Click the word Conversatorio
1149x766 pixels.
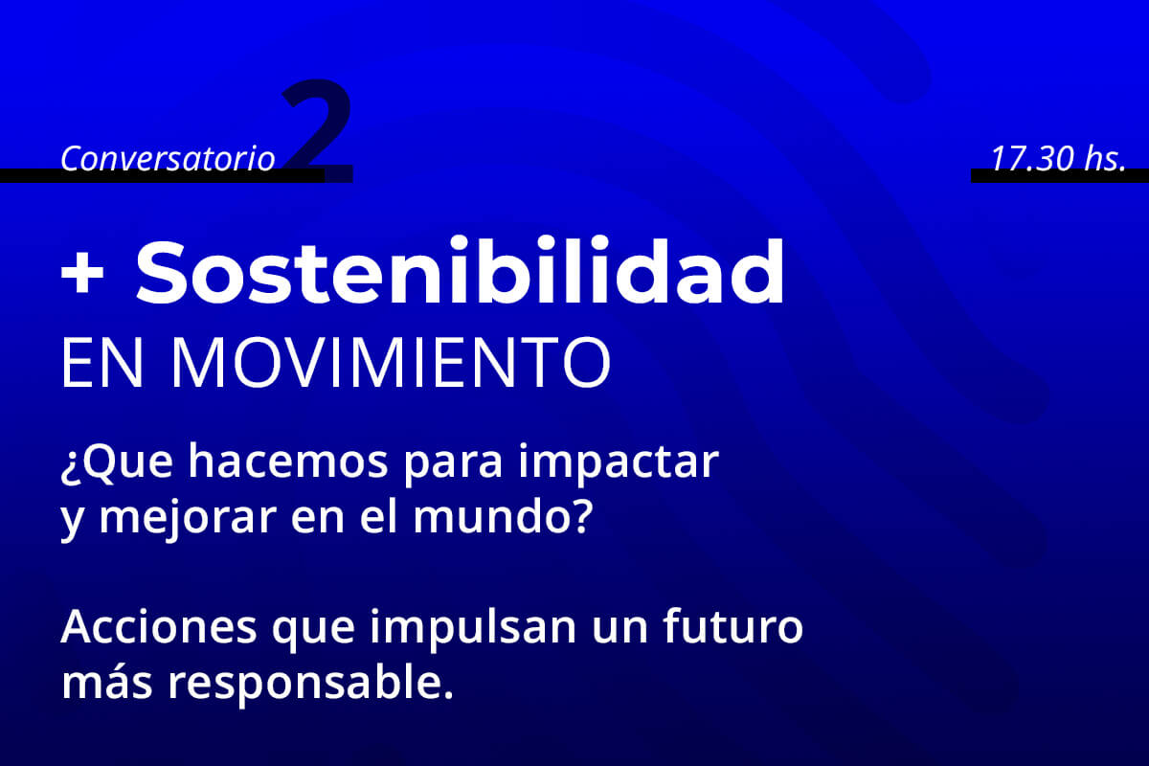pyautogui.click(x=168, y=158)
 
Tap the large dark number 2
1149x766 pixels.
pyautogui.click(x=318, y=130)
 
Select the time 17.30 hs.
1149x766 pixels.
pyautogui.click(x=1059, y=158)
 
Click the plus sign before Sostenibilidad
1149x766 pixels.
pyautogui.click(x=82, y=274)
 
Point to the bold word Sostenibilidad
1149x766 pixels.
pyautogui.click(x=460, y=271)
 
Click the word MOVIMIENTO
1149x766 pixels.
pyautogui.click(x=391, y=363)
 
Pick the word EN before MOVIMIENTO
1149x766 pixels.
pyautogui.click(x=101, y=363)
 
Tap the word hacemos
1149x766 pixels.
pyautogui.click(x=288, y=462)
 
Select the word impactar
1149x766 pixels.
pyautogui.click(x=619, y=464)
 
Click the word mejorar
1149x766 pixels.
pyautogui.click(x=188, y=520)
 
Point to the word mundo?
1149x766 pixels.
pyautogui.click(x=504, y=517)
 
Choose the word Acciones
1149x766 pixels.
pyautogui.click(x=159, y=627)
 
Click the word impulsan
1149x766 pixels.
pyautogui.click(x=473, y=629)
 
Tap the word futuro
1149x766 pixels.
pyautogui.click(x=733, y=626)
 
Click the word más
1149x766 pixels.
pyautogui.click(x=106, y=683)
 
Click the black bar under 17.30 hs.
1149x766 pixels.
pyautogui.click(x=1060, y=175)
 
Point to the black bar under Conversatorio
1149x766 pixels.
pyautogui.click(x=162, y=175)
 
